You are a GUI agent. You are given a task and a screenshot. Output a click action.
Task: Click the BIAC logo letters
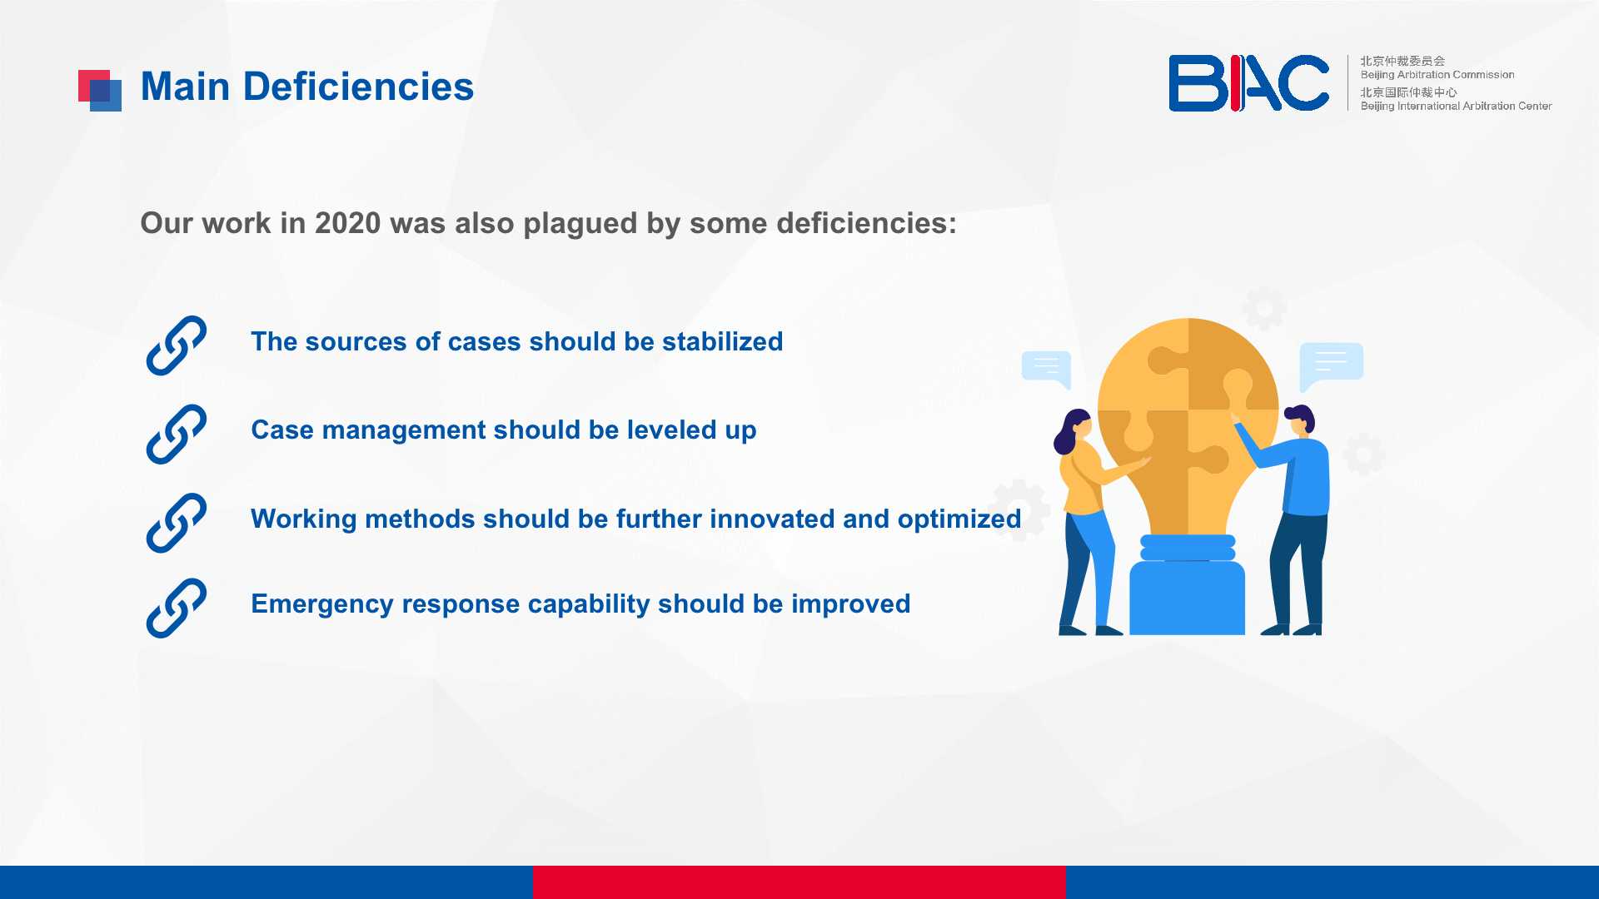point(1248,83)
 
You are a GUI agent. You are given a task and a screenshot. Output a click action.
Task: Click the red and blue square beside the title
point(100,90)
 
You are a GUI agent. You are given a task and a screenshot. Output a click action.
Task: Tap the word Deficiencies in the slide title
point(358,87)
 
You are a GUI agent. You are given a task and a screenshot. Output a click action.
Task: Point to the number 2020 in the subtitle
point(347,223)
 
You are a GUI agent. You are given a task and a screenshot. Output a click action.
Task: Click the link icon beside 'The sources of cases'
point(177,345)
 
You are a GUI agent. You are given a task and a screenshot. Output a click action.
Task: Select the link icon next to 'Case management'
point(177,434)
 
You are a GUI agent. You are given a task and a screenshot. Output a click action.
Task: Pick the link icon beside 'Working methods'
point(177,523)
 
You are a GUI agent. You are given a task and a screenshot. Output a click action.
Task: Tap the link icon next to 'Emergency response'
point(177,608)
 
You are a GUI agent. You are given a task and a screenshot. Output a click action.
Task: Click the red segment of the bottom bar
point(799,882)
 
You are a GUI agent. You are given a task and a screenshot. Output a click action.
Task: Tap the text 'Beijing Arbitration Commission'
point(1437,75)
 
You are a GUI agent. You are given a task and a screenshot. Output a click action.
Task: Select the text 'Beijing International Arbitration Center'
point(1456,106)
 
